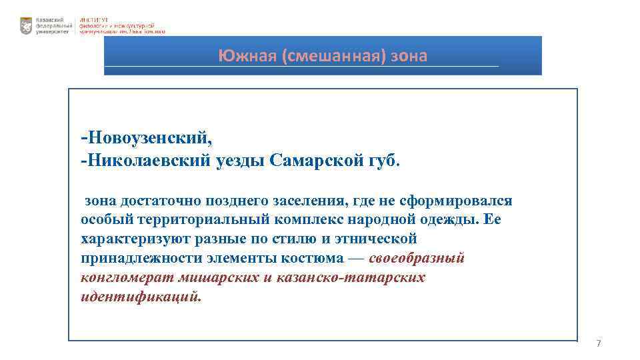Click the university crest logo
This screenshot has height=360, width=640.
pyautogui.click(x=26, y=25)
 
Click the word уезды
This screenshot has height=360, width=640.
pyautogui.click(x=243, y=160)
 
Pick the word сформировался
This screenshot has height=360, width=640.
pyautogui.click(x=467, y=201)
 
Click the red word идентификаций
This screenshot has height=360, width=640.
pyautogui.click(x=139, y=296)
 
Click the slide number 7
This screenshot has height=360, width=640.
pyautogui.click(x=598, y=343)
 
